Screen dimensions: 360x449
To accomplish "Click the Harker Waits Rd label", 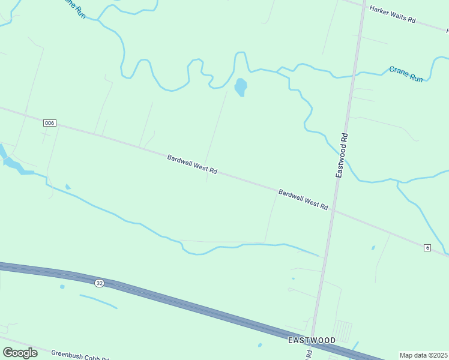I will pos(393,14).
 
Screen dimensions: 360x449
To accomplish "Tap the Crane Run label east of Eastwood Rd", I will pos(406,74).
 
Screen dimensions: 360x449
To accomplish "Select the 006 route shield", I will pos(49,123).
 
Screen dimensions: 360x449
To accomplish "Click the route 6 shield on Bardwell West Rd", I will pos(427,248).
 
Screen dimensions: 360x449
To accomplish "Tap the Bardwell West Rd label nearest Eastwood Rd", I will pos(303,199).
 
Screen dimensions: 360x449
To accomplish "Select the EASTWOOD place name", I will pos(312,340).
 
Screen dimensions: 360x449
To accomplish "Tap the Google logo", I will pos(20,353).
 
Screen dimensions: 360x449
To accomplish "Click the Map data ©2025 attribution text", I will pos(423,355).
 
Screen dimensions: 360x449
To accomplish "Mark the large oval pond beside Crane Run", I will pos(240,88).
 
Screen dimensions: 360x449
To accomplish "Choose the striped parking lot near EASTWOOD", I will pos(342,330).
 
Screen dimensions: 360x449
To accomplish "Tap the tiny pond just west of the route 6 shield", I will pos(373,247).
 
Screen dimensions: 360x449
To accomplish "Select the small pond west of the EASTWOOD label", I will pos(259,345).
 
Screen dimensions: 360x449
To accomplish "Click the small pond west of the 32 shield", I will pos(62,287).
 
